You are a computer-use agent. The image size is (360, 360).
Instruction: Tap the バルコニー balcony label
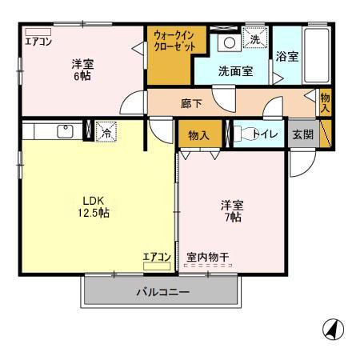(x=162, y=292)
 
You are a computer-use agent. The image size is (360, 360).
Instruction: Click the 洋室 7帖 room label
(x=232, y=210)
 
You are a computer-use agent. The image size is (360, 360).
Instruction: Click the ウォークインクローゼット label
(x=170, y=41)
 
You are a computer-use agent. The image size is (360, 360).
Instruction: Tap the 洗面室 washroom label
(x=236, y=70)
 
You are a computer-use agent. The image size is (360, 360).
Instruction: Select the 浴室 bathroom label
(x=286, y=56)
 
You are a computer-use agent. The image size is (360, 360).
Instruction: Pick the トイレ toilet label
(x=265, y=134)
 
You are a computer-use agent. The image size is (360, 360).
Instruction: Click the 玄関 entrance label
(x=302, y=134)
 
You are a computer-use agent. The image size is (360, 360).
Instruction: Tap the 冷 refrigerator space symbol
(x=105, y=133)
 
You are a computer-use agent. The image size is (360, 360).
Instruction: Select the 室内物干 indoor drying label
(x=208, y=257)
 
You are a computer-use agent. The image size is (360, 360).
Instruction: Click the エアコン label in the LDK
(x=157, y=257)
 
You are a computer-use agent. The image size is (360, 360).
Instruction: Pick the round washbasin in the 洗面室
(x=228, y=42)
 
